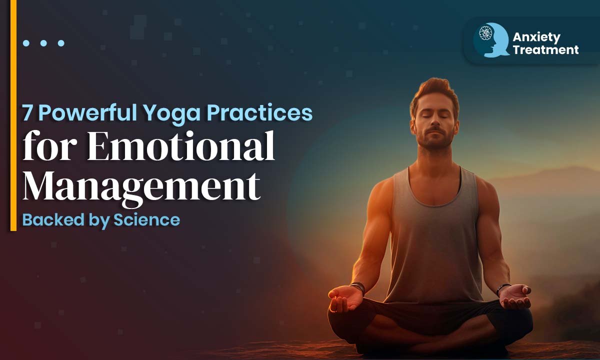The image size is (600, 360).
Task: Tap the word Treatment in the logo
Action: pyautogui.click(x=545, y=50)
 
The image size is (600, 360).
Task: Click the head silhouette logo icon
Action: pyautogui.click(x=491, y=40)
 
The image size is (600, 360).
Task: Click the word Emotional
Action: pyautogui.click(x=180, y=146)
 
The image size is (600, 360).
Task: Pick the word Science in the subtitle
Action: pyautogui.click(x=147, y=220)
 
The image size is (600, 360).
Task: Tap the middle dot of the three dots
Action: pyautogui.click(x=43, y=43)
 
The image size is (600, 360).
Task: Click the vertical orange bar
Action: pyautogui.click(x=13, y=115)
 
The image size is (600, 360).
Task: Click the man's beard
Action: pyautogui.click(x=434, y=137)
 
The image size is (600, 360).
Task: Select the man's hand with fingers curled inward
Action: pyautogui.click(x=344, y=298)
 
